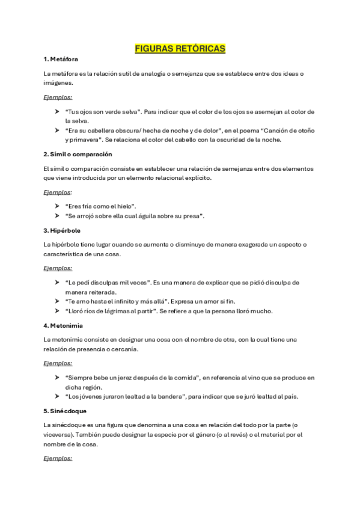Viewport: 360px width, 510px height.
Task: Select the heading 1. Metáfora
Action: pos(61,59)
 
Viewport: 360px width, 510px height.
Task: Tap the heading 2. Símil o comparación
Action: pos(78,154)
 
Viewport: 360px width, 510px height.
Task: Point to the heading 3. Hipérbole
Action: pos(63,230)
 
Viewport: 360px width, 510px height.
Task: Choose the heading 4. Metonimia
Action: pos(64,325)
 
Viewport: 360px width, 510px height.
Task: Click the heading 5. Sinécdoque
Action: pos(66,411)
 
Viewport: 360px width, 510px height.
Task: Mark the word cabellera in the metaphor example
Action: pos(109,131)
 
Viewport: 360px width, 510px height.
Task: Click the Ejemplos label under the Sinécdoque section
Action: pos(58,458)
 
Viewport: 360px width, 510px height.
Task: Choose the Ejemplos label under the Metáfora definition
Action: pos(58,97)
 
